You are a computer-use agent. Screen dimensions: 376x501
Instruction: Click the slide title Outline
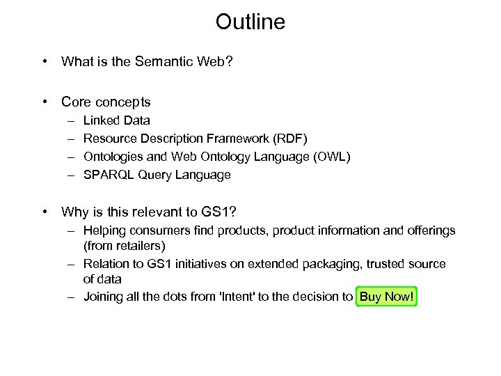[250, 22]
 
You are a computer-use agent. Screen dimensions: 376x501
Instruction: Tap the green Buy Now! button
[386, 297]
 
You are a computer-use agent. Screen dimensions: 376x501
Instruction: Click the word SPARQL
[103, 175]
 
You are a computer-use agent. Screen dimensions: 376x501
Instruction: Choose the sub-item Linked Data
[116, 120]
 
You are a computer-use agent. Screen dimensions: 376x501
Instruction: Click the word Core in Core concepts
[75, 102]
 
